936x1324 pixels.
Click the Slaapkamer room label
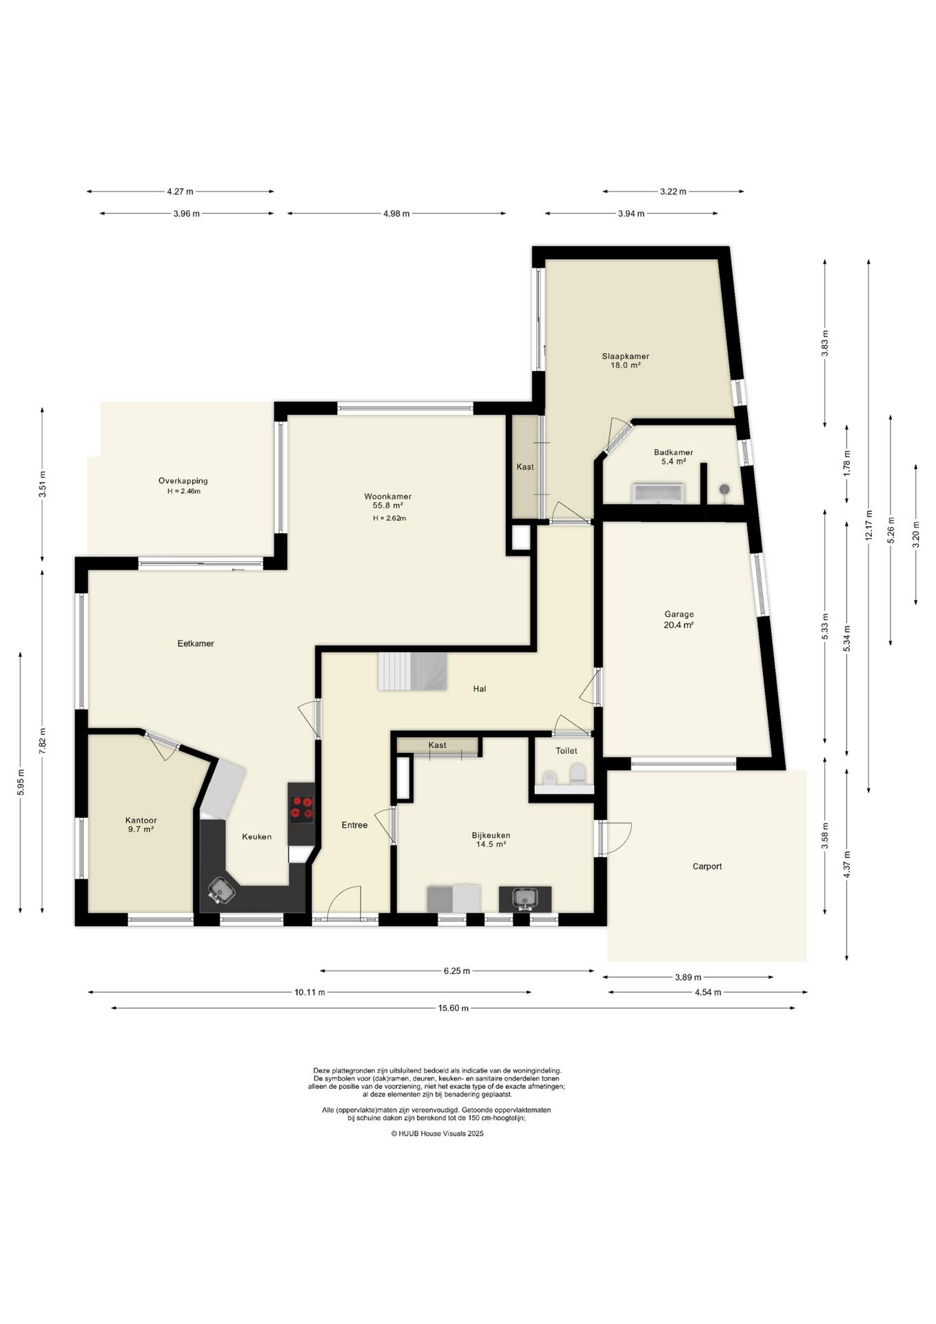[625, 357]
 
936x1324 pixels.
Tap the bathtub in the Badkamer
[658, 492]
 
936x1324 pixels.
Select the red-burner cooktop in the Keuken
[301, 809]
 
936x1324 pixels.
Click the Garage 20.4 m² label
[679, 619]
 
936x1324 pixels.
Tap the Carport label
[707, 866]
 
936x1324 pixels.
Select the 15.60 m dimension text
[454, 1008]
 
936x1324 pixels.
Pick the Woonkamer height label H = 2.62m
[389, 519]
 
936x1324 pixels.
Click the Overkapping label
[183, 481]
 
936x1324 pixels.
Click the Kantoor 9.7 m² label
[141, 825]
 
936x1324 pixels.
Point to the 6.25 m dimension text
[457, 971]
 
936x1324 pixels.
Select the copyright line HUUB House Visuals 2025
[437, 1133]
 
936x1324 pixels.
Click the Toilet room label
[567, 750]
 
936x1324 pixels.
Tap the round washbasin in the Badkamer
[724, 490]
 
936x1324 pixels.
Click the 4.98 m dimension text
[396, 214]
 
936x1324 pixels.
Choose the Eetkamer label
[196, 643]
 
